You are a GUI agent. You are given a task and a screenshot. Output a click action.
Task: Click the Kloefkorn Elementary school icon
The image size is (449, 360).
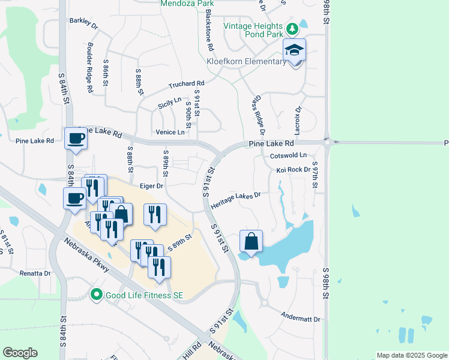point(295,50)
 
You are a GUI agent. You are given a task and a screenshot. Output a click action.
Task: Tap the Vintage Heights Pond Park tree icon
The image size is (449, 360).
point(292,29)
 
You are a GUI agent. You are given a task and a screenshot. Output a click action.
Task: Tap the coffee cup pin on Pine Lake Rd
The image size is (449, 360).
point(76,139)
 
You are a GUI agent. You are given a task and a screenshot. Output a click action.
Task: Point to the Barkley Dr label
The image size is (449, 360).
point(83,22)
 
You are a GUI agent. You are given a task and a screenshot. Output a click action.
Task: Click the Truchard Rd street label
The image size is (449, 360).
point(187,84)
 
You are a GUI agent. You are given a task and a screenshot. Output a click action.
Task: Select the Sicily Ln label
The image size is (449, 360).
point(169,103)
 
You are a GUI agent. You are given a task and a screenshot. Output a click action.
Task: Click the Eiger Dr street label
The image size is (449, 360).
point(152,186)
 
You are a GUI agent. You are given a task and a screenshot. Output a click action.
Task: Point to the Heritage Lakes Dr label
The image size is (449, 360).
point(236,199)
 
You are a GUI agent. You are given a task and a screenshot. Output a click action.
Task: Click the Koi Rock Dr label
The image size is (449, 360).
point(294,170)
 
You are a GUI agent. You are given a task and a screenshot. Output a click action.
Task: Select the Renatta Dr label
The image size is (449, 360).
point(35,273)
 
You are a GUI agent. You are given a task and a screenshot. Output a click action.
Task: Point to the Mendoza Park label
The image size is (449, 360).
point(187,4)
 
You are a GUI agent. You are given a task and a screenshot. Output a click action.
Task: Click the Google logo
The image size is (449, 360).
point(20,353)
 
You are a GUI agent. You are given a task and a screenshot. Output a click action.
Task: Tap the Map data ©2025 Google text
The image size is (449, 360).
point(411,355)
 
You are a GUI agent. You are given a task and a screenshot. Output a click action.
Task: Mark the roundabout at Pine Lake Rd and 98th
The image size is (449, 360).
point(327,142)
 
